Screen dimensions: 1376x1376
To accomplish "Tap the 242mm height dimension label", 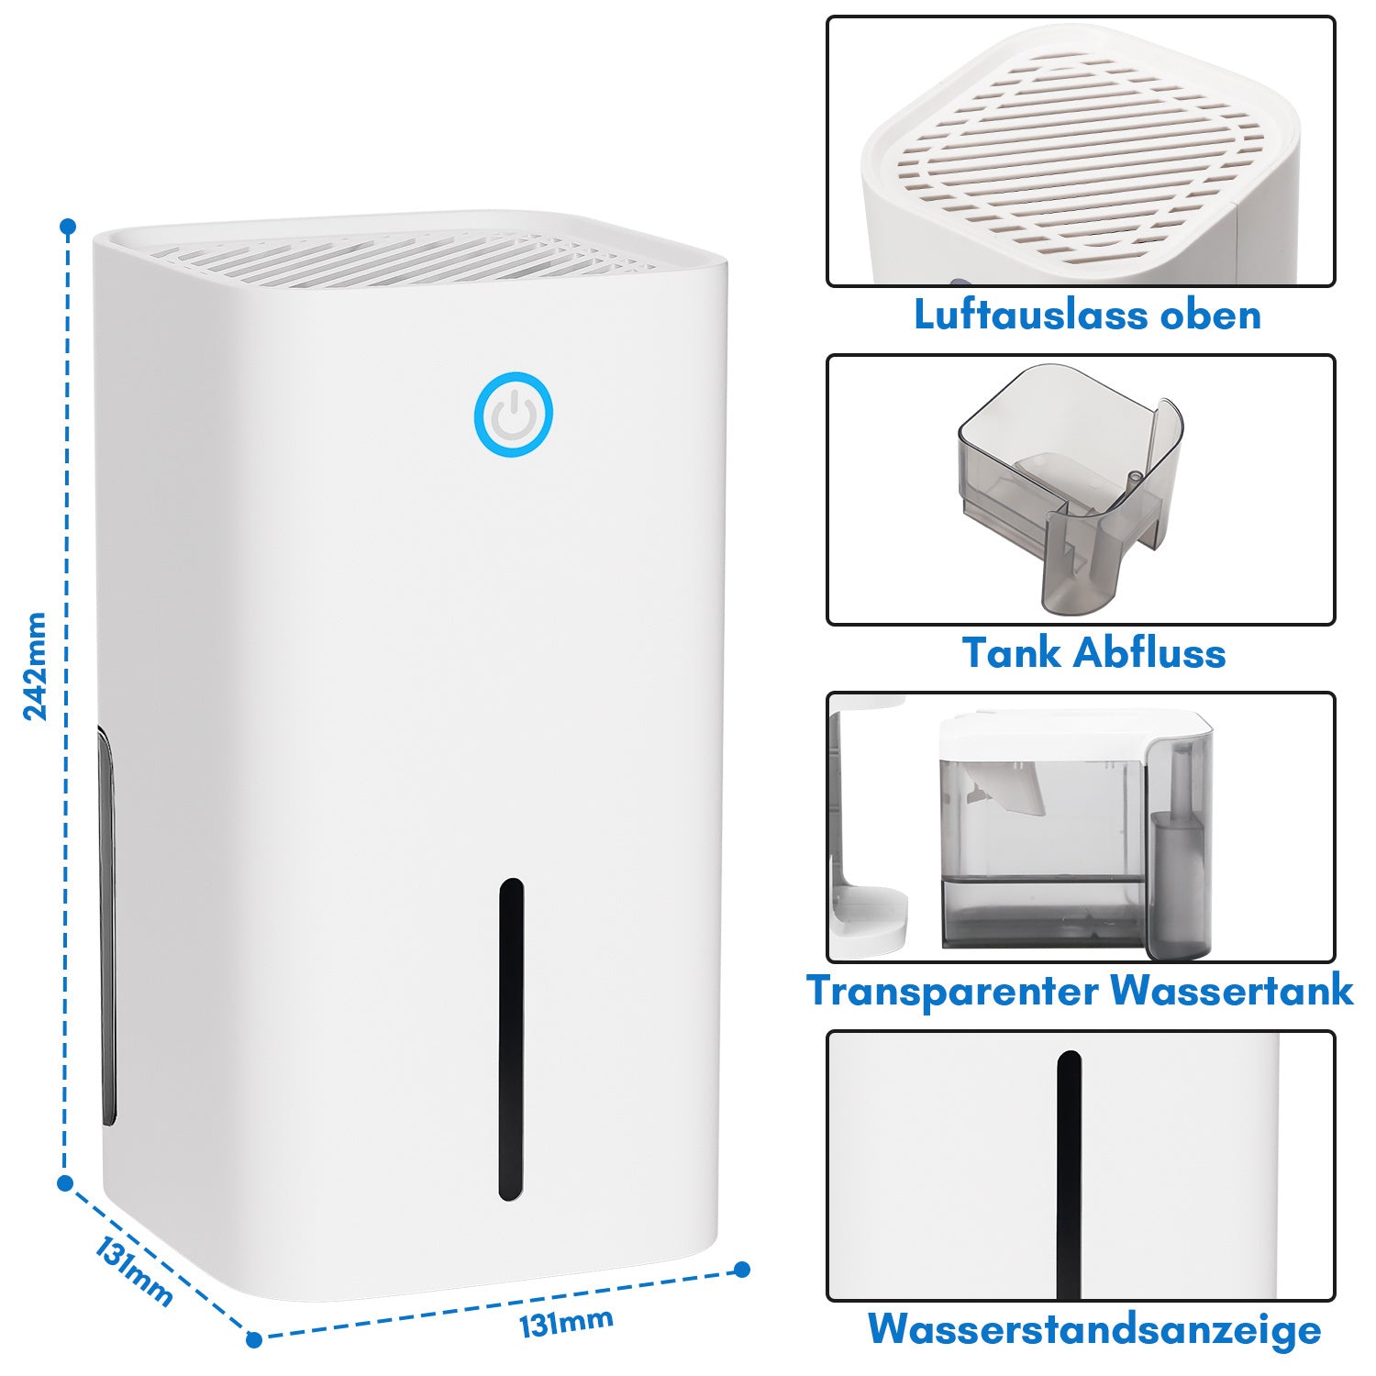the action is click(x=35, y=666).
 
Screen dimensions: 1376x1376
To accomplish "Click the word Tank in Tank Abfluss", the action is click(x=1012, y=653).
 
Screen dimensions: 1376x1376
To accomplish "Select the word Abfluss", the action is click(x=1149, y=653).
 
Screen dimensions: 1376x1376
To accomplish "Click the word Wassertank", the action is click(x=1231, y=991).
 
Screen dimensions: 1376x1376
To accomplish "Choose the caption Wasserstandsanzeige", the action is click(x=1094, y=1329).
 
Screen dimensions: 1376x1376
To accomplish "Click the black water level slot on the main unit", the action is click(x=511, y=1039).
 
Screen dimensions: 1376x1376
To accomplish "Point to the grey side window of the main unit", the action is click(x=106, y=927).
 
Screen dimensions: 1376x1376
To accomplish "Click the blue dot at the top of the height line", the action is click(x=67, y=226).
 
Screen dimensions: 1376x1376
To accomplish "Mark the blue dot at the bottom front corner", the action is click(x=254, y=1339).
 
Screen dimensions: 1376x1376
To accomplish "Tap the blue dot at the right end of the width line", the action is click(x=742, y=1270).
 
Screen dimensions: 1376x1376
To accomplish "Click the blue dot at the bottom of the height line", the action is click(x=65, y=1183).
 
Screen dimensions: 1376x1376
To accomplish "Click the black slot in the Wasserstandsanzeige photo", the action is click(x=1069, y=1175).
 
